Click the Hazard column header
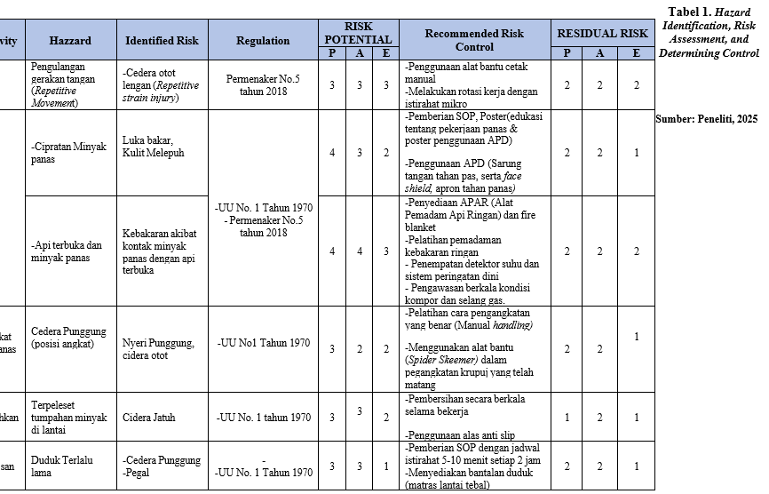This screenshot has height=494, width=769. (x=70, y=41)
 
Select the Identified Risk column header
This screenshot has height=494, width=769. (x=162, y=41)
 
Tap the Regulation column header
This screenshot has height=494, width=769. (x=263, y=41)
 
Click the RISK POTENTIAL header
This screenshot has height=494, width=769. (x=358, y=33)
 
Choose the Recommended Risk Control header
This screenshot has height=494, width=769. (x=474, y=40)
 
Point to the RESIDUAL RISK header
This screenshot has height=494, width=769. (x=602, y=34)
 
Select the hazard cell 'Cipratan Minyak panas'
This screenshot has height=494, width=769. (x=67, y=154)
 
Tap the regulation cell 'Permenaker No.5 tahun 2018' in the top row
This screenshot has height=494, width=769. (x=263, y=84)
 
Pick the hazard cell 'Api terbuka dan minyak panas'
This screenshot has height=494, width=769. (x=67, y=251)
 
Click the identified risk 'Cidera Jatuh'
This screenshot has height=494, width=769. (x=149, y=418)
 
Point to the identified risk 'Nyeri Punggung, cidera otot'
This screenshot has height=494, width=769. (x=158, y=349)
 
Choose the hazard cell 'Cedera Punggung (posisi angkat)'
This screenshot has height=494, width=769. (x=62, y=338)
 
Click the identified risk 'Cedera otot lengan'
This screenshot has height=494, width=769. (x=161, y=85)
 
